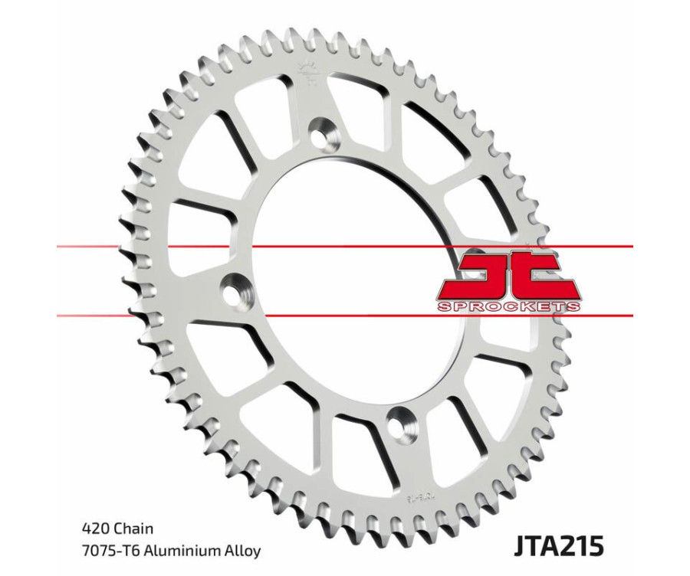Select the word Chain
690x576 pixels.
(133, 529)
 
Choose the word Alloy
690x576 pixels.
(242, 550)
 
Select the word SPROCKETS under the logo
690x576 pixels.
(508, 306)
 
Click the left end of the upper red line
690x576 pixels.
(58, 247)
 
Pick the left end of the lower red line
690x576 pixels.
(58, 314)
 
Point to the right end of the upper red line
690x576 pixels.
(632, 247)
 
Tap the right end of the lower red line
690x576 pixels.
(632, 314)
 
